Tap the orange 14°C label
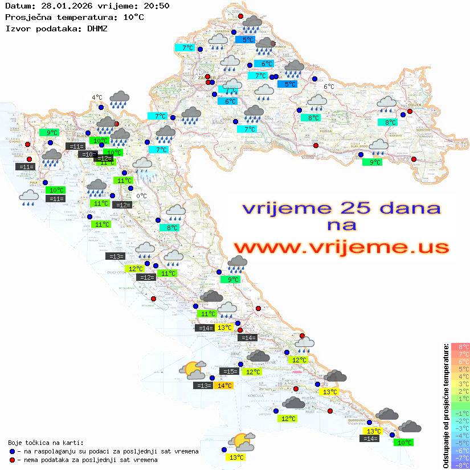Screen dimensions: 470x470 pos(224,386)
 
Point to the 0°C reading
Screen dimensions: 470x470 pos(142,196)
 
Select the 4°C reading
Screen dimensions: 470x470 pos(97,97)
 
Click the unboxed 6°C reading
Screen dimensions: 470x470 pos(329,87)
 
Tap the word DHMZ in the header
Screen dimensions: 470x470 pos(97,27)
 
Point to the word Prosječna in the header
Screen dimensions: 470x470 pos(28,17)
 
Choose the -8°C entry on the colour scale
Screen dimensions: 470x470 pos(460,465)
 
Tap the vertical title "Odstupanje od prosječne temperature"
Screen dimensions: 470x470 pos(446,406)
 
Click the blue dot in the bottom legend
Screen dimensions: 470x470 pos(12,451)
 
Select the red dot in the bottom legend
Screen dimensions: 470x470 pos(12,460)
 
